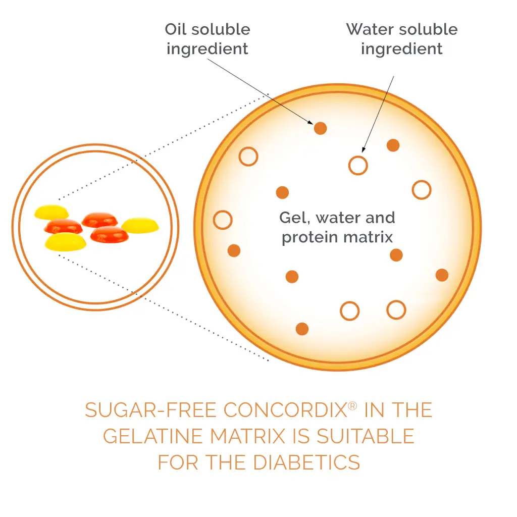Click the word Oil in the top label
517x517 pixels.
(176, 29)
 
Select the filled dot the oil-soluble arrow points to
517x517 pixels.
(320, 128)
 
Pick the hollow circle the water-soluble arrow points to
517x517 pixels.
(358, 165)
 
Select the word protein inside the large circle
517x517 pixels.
(306, 237)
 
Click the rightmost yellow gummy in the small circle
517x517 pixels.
(140, 225)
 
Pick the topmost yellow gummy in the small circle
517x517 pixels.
(51, 212)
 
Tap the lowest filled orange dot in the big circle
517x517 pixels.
(302, 329)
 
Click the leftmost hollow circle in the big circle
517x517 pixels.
(223, 220)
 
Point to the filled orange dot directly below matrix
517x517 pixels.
(396, 255)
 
